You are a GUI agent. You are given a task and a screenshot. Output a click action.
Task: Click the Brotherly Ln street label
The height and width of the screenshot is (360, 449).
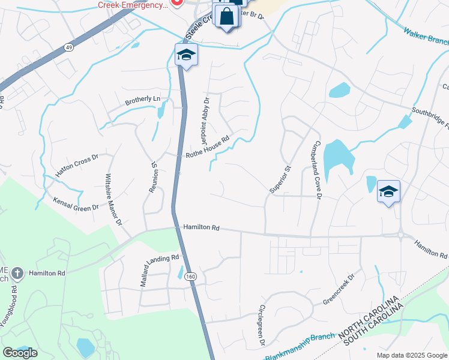[x=143, y=99]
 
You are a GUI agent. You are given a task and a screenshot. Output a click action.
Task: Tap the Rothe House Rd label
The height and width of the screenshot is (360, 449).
[x=208, y=146]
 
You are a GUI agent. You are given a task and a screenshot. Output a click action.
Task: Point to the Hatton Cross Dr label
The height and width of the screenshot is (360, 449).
[x=76, y=166]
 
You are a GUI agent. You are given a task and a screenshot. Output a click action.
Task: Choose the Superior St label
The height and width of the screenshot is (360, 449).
[x=280, y=179]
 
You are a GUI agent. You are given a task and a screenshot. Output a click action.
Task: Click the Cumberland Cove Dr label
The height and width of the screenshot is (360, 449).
[x=316, y=170]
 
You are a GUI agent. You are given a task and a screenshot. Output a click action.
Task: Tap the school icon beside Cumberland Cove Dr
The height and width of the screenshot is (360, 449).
[x=388, y=191]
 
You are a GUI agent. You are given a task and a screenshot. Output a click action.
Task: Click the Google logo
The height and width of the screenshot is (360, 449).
[x=20, y=352]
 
